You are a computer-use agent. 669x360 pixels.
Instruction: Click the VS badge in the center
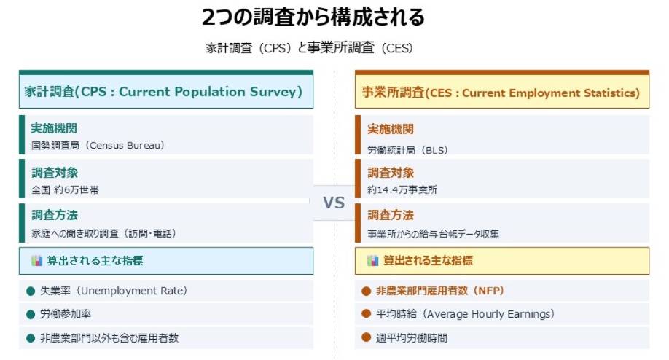pos(334,203)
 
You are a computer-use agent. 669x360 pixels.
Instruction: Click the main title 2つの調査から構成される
pos(313,17)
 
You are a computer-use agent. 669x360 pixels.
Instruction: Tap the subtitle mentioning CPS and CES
pos(309,49)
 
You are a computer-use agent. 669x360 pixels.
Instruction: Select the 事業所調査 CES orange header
pos(501,93)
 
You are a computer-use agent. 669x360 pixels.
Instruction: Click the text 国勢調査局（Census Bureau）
pos(98,145)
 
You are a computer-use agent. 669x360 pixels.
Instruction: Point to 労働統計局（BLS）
pos(407,150)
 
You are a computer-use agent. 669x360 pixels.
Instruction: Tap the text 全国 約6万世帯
pos(66,189)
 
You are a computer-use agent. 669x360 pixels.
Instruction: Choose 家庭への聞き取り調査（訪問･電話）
pos(103,233)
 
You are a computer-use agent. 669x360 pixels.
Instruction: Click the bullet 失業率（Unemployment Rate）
pos(114,291)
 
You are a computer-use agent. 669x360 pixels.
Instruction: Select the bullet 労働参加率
pos(66,314)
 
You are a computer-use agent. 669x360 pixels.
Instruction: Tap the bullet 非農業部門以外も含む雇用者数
pos(109,337)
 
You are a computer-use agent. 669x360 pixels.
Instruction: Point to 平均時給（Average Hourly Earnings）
pos(465,314)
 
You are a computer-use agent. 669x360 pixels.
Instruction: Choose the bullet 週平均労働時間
pos(412,337)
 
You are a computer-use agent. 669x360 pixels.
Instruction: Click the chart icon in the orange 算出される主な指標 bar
pos(373,260)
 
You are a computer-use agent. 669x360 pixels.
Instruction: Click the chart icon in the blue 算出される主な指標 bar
pos(37,260)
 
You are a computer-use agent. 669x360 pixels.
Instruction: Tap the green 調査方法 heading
pos(54,215)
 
